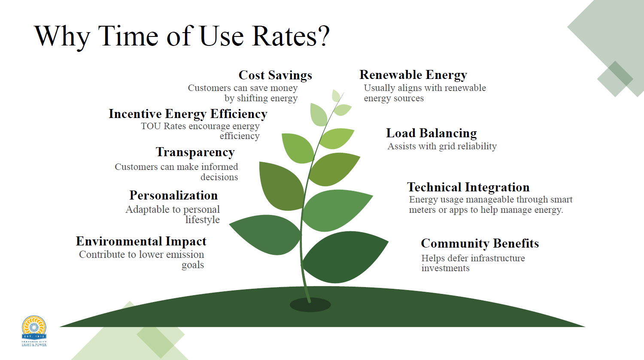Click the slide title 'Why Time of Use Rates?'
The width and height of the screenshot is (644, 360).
coord(182,36)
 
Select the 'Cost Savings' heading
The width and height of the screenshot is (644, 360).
coord(275,76)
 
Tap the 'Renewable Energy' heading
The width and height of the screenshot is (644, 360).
coord(413,75)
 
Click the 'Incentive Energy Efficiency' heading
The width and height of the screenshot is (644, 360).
coord(188,114)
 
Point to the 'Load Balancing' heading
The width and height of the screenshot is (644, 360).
coord(431,133)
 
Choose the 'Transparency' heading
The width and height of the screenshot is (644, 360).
coord(195,152)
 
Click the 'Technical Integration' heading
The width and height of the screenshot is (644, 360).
coord(468,188)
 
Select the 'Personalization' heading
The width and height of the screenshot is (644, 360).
coord(173,196)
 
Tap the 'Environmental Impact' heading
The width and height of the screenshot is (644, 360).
coord(141,242)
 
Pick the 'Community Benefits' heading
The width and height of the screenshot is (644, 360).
coord(480,244)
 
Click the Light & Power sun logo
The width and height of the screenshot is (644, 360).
coord(34,330)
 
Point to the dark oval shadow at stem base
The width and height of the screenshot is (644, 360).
coord(310,305)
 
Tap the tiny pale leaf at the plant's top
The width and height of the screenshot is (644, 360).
coord(336,96)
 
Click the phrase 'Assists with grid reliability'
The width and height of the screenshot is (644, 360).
coord(442,146)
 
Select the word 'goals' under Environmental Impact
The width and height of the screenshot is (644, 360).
coord(192,265)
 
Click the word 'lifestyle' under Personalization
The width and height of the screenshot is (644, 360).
coord(202,220)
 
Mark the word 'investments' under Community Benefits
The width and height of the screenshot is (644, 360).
coord(445,268)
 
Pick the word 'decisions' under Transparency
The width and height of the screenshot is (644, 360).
coord(219,177)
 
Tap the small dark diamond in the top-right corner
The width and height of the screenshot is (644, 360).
coord(615,79)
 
